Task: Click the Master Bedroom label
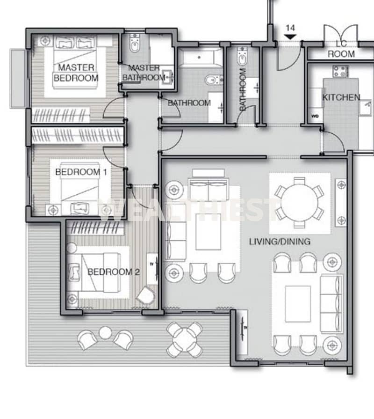point(76,73)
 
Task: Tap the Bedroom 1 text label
point(81,172)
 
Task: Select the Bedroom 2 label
point(114,272)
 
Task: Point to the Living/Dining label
point(280,242)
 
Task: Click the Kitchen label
point(341,97)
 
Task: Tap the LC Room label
point(341,49)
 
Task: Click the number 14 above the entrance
point(290,28)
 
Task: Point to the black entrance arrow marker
point(290,37)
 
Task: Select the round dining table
point(300,203)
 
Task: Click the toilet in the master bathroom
point(134,43)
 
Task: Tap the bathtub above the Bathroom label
point(200,57)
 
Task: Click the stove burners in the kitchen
point(340,71)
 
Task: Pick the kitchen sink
point(366,107)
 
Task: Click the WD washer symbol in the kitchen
point(315,116)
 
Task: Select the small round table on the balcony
point(105,333)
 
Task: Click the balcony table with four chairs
point(184,340)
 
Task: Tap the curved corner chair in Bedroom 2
point(146,295)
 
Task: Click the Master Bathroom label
point(144,73)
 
